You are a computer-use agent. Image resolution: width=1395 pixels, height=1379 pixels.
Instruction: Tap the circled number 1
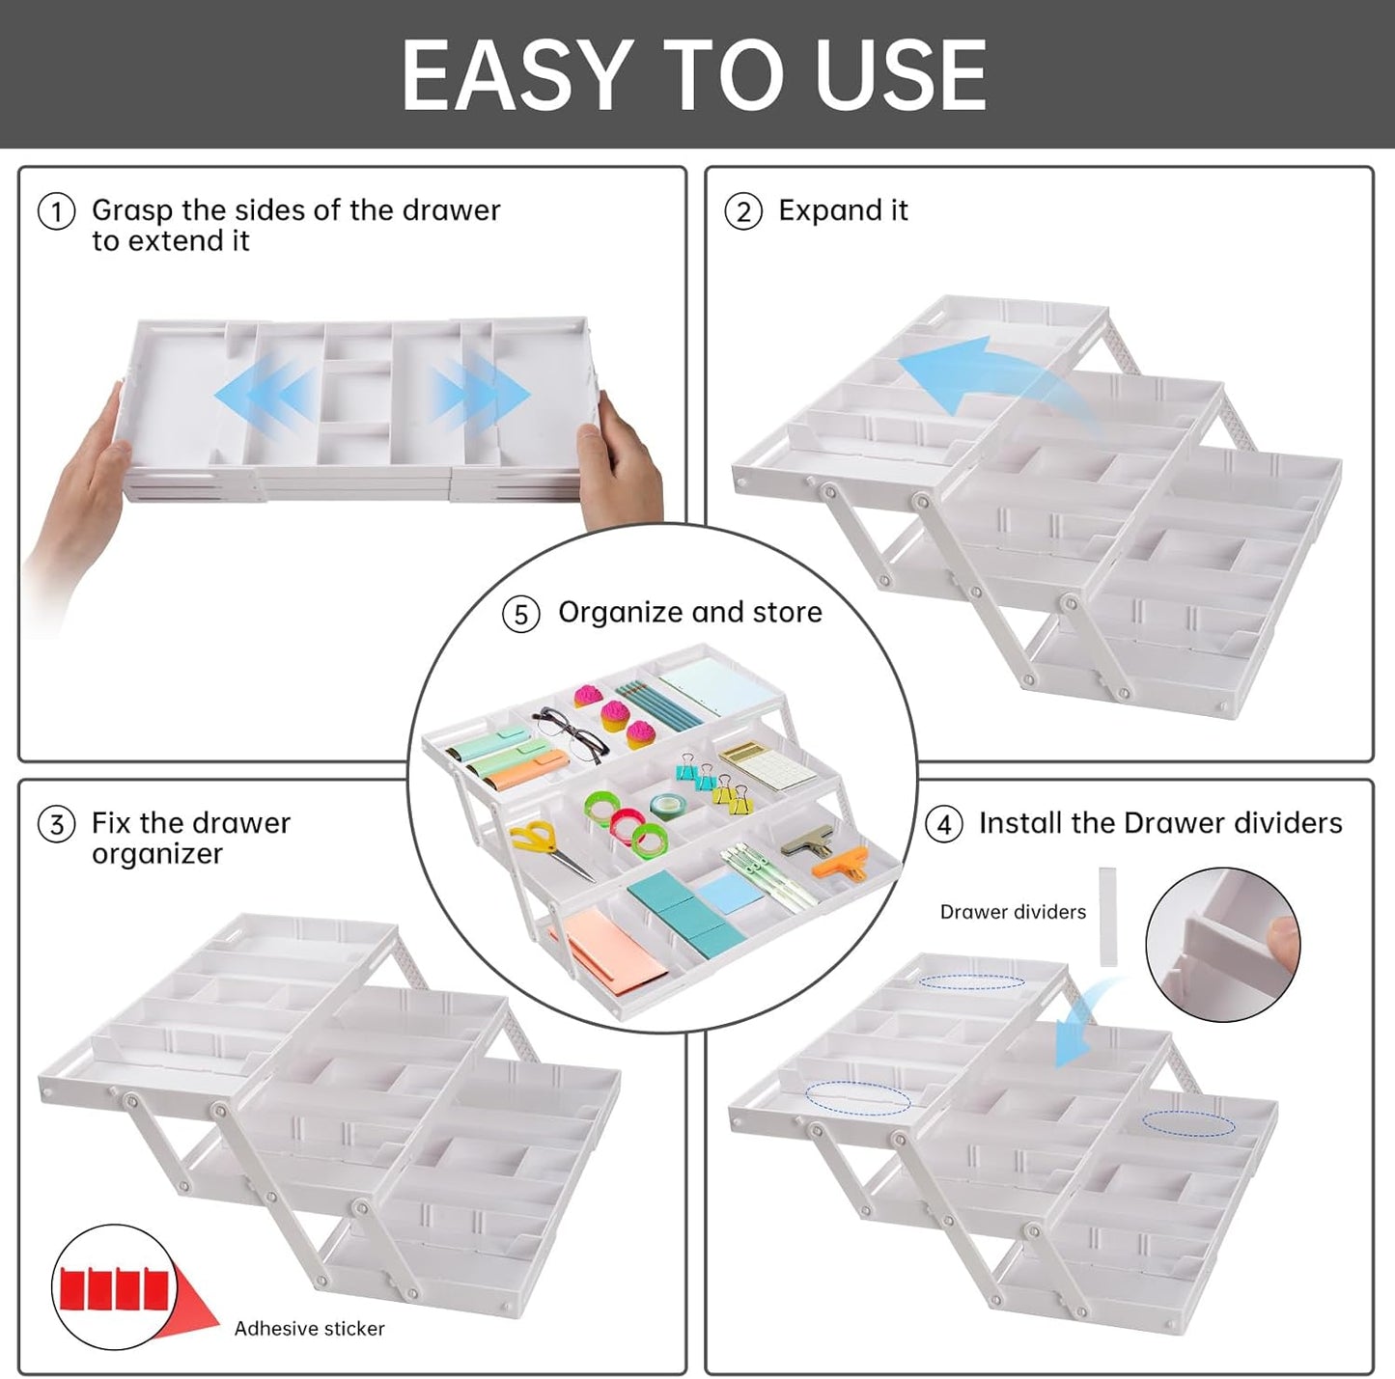pyautogui.click(x=56, y=211)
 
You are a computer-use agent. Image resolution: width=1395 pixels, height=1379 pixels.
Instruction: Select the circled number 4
pyautogui.click(x=943, y=825)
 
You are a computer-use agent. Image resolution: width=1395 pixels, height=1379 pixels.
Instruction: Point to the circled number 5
pyautogui.click(x=520, y=615)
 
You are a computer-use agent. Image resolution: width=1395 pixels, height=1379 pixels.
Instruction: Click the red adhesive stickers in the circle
pyautogui.click(x=114, y=1288)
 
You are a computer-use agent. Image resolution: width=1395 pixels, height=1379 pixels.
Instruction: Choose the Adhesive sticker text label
pyautogui.click(x=309, y=1329)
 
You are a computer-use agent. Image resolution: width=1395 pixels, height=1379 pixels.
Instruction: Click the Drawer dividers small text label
pyautogui.click(x=1013, y=912)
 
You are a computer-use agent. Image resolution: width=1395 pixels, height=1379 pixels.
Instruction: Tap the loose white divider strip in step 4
pyautogui.click(x=1107, y=916)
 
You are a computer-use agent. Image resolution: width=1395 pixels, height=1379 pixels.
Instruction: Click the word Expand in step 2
pyautogui.click(x=829, y=211)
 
